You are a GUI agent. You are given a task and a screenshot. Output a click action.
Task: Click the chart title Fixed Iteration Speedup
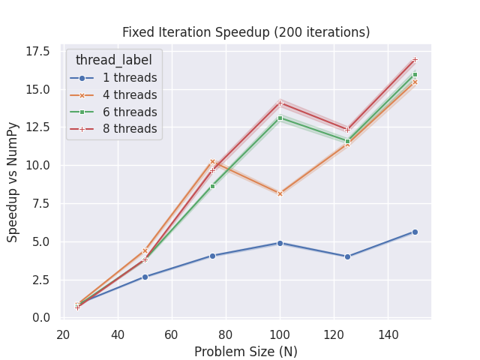coord(246,32)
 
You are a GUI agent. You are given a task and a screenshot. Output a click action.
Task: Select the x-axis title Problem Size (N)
coord(245,352)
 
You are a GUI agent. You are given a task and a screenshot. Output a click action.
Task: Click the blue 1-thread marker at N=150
coord(415,232)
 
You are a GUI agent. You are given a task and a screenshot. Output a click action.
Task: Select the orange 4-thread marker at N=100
coord(280,193)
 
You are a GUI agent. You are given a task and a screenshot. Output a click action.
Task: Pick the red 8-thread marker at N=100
coord(280,103)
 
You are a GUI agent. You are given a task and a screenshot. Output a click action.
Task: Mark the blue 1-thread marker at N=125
coord(347,256)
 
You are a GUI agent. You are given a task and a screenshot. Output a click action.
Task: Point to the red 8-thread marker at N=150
coord(415,59)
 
